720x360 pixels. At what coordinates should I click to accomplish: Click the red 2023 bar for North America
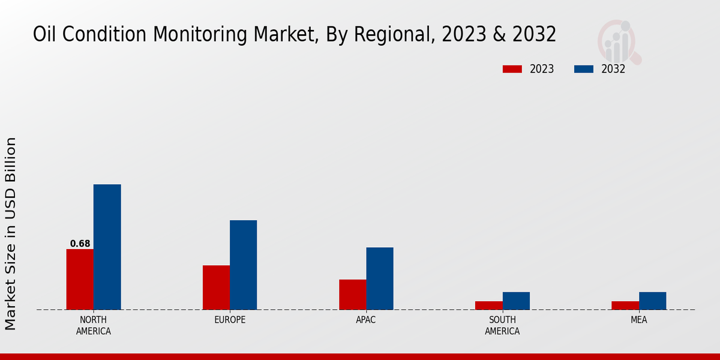pyautogui.click(x=80, y=279)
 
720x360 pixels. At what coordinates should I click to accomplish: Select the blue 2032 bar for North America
pyautogui.click(x=107, y=247)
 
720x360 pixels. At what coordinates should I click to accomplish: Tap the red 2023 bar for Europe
pyautogui.click(x=216, y=287)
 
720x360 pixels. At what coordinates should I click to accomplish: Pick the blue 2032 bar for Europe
pyautogui.click(x=243, y=265)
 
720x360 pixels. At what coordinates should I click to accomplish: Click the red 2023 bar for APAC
pyautogui.click(x=352, y=295)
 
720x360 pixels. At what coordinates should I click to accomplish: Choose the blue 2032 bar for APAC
pyautogui.click(x=380, y=278)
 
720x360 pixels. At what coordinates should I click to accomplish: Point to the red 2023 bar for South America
pyautogui.click(x=488, y=305)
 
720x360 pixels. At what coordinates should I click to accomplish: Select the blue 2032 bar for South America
pyautogui.click(x=516, y=301)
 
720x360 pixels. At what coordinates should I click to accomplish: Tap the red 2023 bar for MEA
pyautogui.click(x=625, y=305)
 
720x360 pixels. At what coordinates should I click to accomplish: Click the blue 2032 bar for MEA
pyautogui.click(x=652, y=301)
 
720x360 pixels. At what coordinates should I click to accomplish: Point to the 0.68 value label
pyautogui.click(x=80, y=244)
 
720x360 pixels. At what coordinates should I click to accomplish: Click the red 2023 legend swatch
pyautogui.click(x=512, y=69)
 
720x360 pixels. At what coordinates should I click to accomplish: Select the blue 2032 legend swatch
pyautogui.click(x=583, y=69)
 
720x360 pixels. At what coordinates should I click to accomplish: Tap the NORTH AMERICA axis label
pyautogui.click(x=94, y=325)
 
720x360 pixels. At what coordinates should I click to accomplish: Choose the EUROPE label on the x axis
pyautogui.click(x=230, y=320)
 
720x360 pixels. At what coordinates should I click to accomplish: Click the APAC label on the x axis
pyautogui.click(x=366, y=320)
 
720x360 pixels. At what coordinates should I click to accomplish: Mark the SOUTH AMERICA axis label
pyautogui.click(x=502, y=325)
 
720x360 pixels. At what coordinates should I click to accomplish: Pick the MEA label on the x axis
pyautogui.click(x=638, y=320)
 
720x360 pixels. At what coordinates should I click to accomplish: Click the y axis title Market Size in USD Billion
pyautogui.click(x=11, y=233)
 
